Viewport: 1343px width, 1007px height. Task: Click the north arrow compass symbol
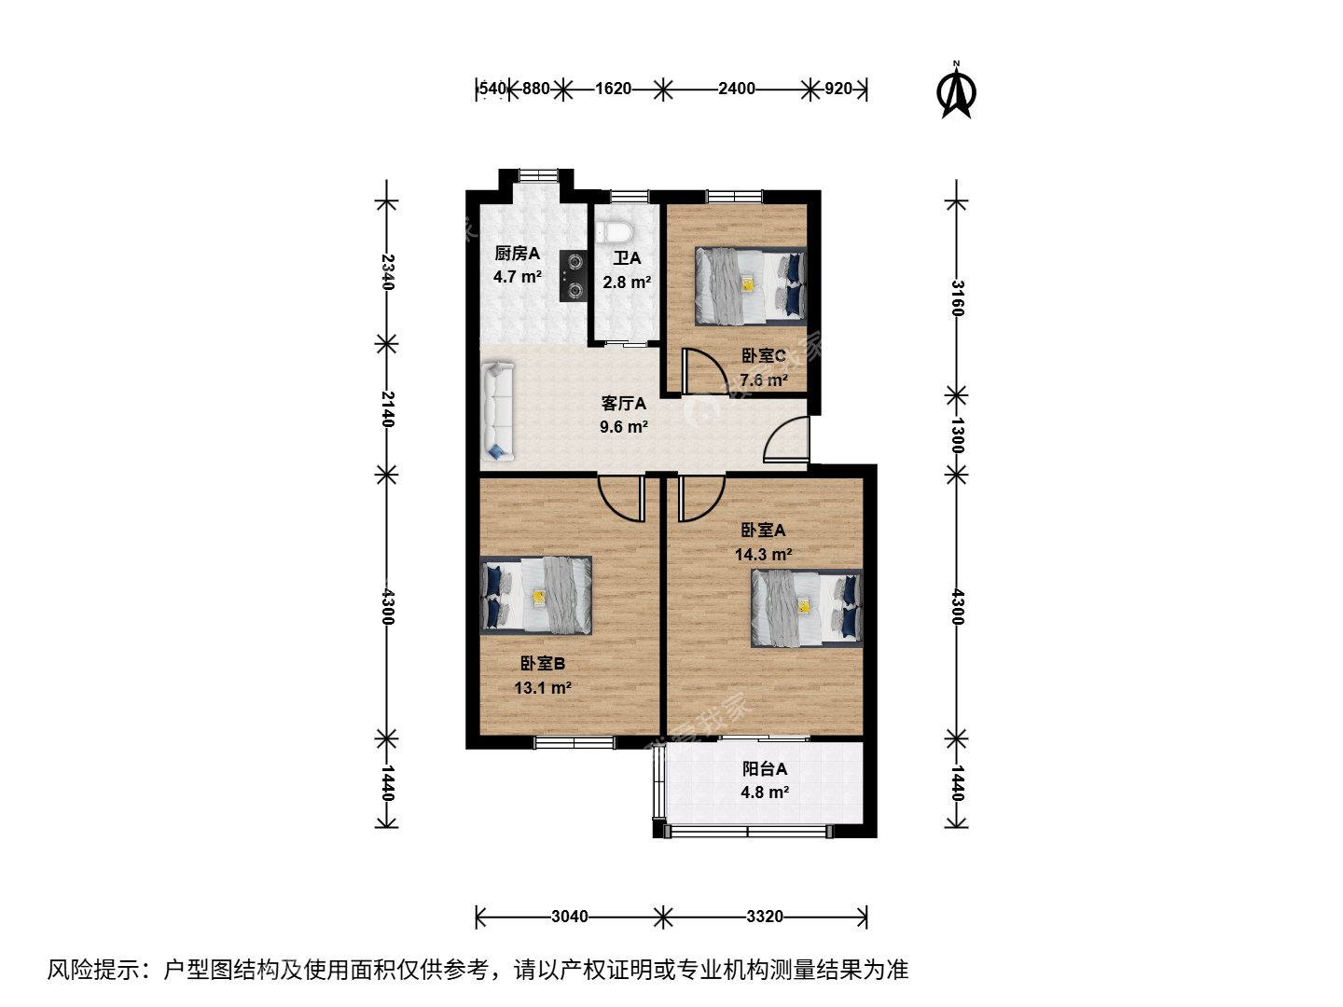956,91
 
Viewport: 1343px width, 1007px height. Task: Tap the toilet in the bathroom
615,232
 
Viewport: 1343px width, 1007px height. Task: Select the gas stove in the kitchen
574,276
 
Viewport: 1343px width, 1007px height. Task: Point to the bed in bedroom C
750,285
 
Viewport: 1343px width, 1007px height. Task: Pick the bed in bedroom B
536,595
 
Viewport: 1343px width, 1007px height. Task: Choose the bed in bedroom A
807,608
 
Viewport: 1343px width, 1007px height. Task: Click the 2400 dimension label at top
736,89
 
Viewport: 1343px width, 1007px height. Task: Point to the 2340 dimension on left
388,272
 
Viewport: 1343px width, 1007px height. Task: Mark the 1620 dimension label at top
613,89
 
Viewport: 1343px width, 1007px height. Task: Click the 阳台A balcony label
764,768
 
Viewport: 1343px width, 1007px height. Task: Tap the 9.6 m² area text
624,427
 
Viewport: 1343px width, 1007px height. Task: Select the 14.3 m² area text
763,554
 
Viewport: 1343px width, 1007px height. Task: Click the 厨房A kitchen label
517,253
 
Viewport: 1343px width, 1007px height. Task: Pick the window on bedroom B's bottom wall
574,742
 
